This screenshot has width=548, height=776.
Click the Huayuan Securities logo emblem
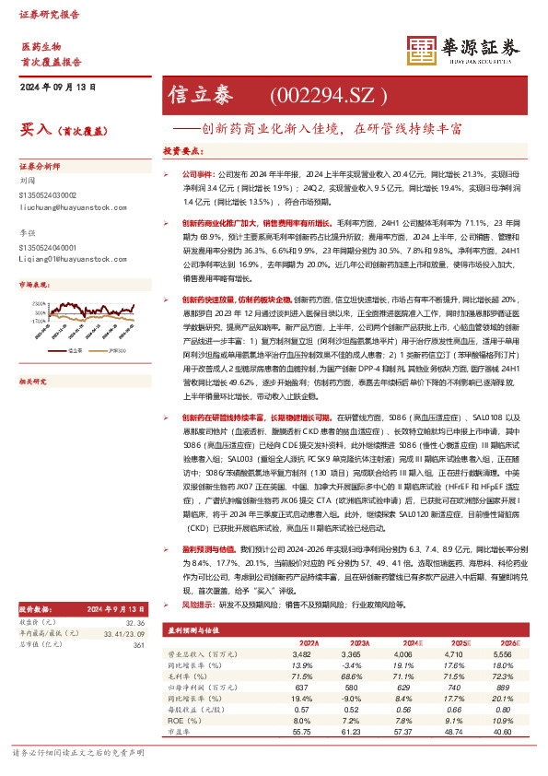coord(420,50)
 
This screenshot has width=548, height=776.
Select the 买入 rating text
coord(34,130)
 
